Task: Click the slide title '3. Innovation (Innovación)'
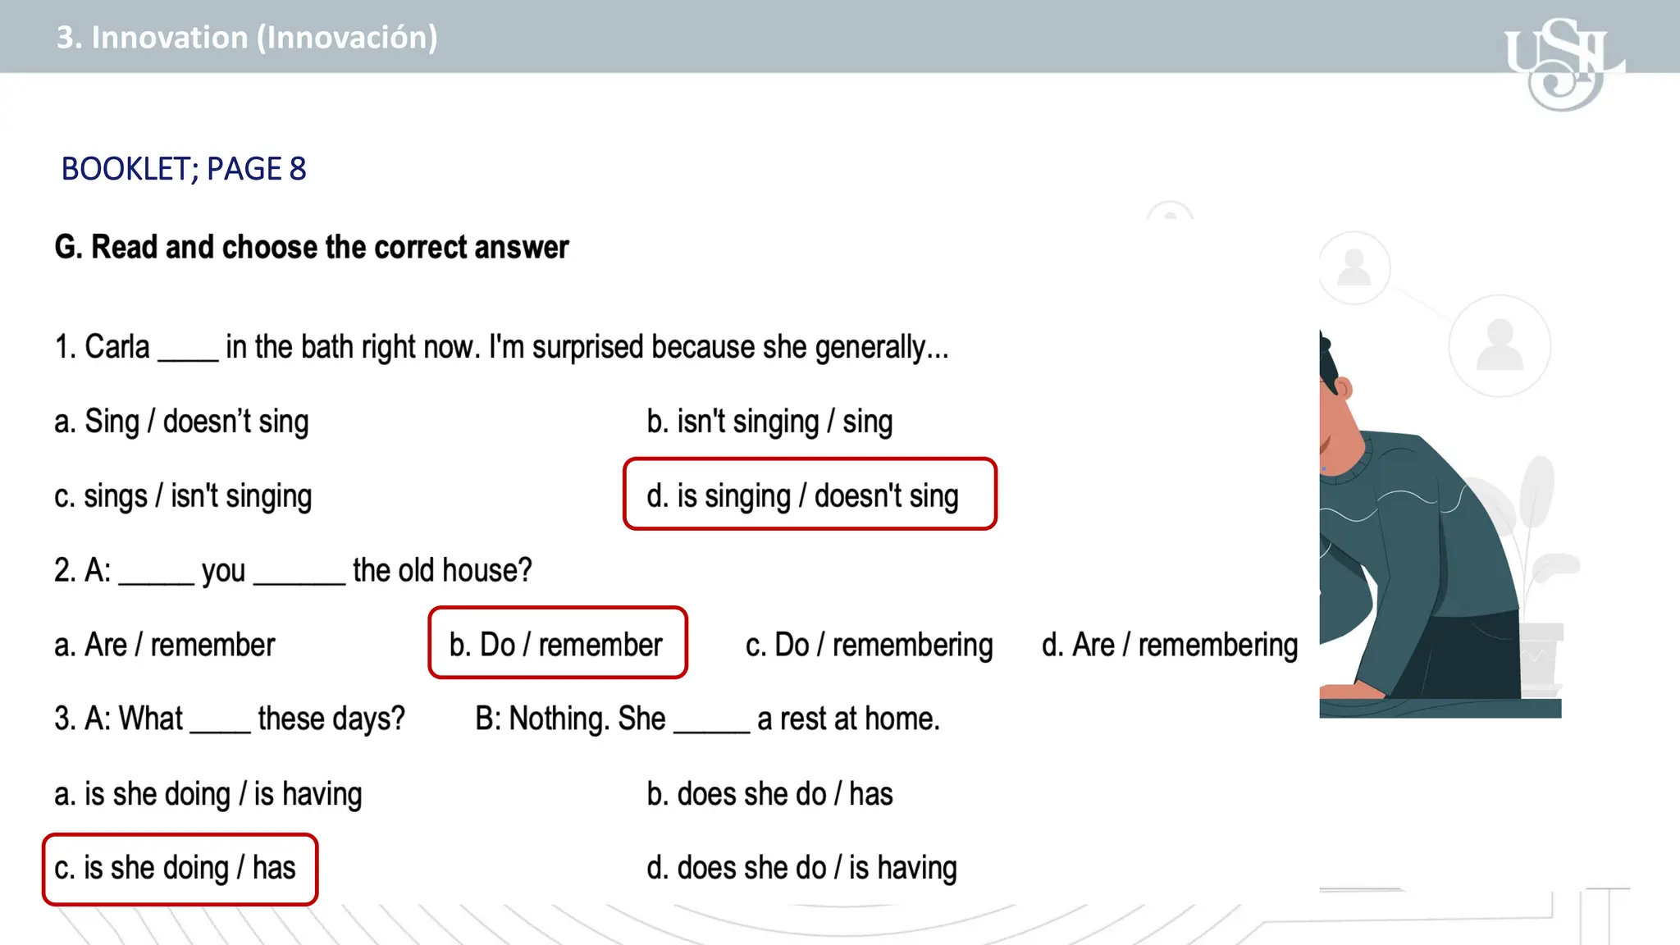[x=247, y=38]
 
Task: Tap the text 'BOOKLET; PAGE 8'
[x=184, y=169]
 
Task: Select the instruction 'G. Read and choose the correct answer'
[x=312, y=247]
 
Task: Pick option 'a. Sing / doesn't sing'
[x=181, y=422]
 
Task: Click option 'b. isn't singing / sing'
[x=769, y=422]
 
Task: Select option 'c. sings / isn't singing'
[x=183, y=496]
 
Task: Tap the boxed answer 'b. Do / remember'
[x=557, y=644]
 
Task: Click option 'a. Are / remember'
[x=164, y=645]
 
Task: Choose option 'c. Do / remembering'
[x=869, y=645]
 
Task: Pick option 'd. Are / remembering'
[x=1169, y=645]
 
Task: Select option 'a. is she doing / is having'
[x=208, y=794]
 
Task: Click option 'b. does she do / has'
[x=769, y=794]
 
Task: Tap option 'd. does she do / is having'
[x=801, y=868]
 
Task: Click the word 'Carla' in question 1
[x=117, y=347]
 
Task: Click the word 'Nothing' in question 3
[x=556, y=719]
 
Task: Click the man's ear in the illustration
[x=1343, y=387]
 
